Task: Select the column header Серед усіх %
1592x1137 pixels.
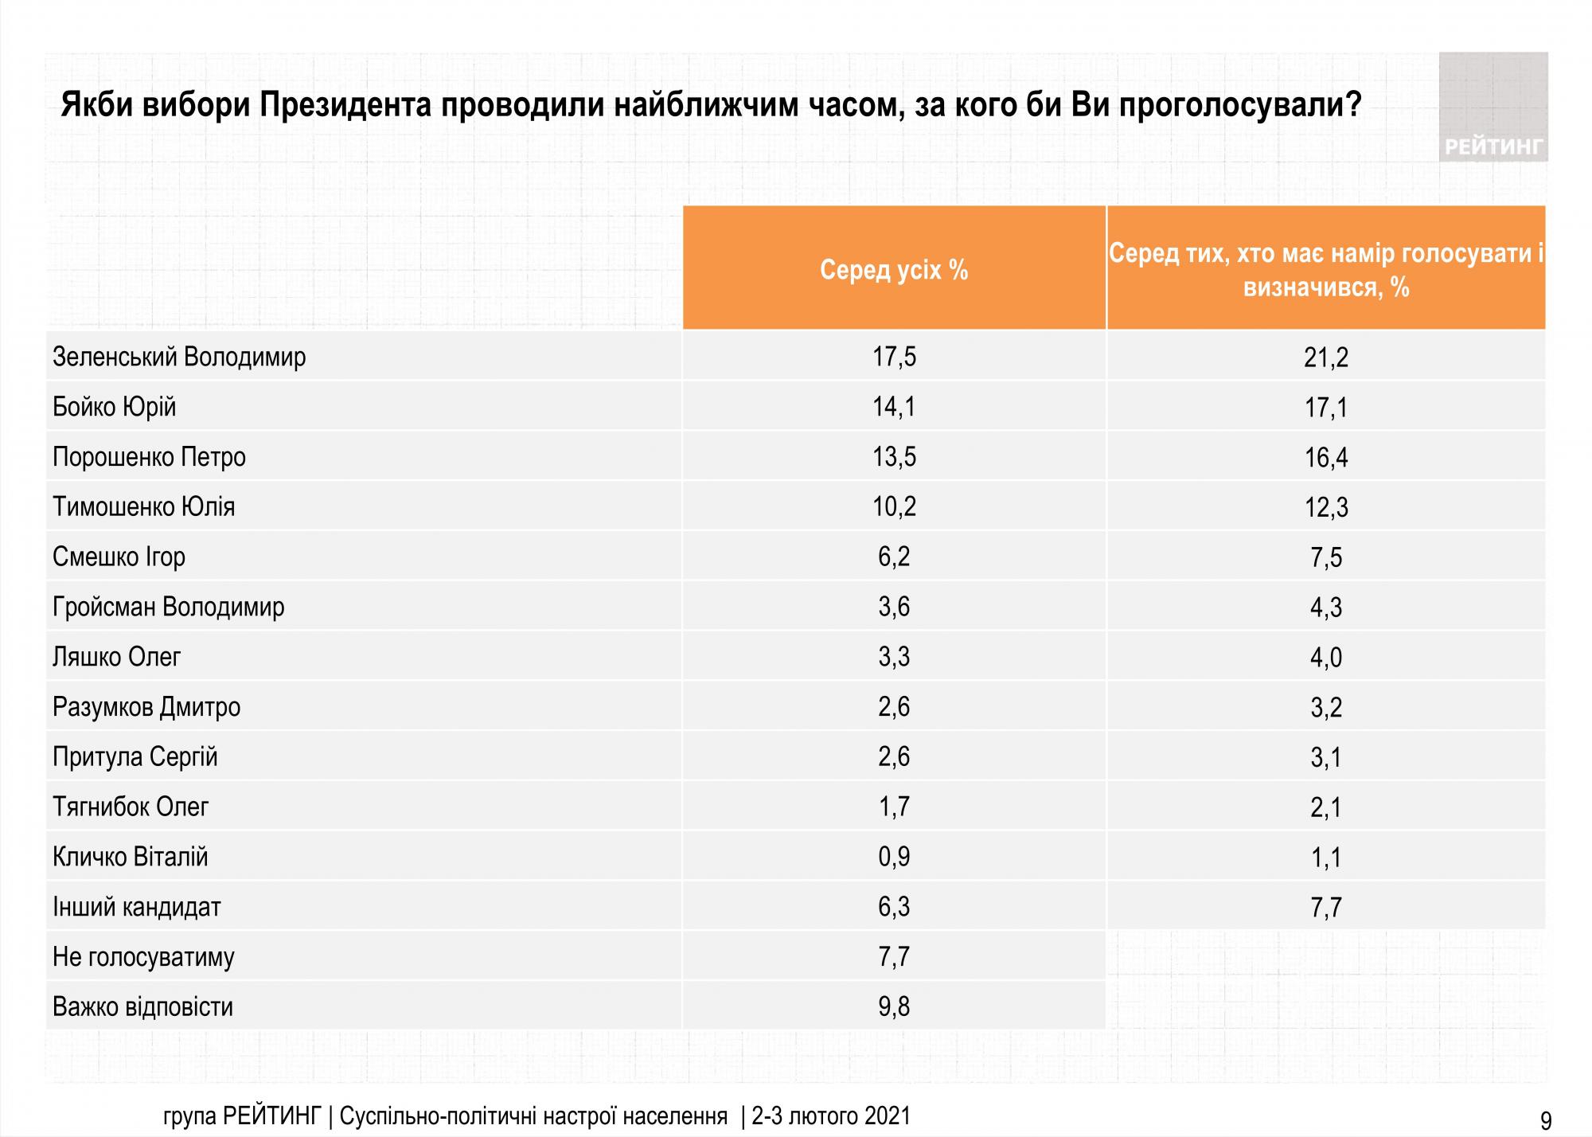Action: [x=894, y=271]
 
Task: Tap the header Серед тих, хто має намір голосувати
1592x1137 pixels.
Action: [x=1326, y=269]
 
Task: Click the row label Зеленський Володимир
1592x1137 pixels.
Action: [x=179, y=357]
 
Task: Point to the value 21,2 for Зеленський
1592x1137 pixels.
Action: [x=1326, y=358]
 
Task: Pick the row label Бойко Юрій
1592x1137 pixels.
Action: [x=114, y=407]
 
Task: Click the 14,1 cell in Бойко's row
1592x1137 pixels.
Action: [x=894, y=407]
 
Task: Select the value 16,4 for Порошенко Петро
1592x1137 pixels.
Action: [x=1326, y=458]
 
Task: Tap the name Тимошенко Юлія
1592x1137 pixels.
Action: [x=143, y=506]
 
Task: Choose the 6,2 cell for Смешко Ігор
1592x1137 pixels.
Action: [x=894, y=557]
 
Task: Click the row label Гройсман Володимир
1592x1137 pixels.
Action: [x=168, y=607]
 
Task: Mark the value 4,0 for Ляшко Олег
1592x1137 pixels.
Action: [x=1326, y=658]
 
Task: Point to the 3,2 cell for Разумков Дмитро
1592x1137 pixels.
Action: [x=1326, y=708]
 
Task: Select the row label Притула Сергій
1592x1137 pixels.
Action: [x=135, y=756]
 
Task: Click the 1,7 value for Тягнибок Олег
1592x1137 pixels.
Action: [x=894, y=807]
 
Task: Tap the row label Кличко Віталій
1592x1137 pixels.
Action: [x=130, y=857]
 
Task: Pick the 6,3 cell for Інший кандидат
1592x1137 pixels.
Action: [x=894, y=907]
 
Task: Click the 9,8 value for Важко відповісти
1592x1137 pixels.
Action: [x=894, y=1006]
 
